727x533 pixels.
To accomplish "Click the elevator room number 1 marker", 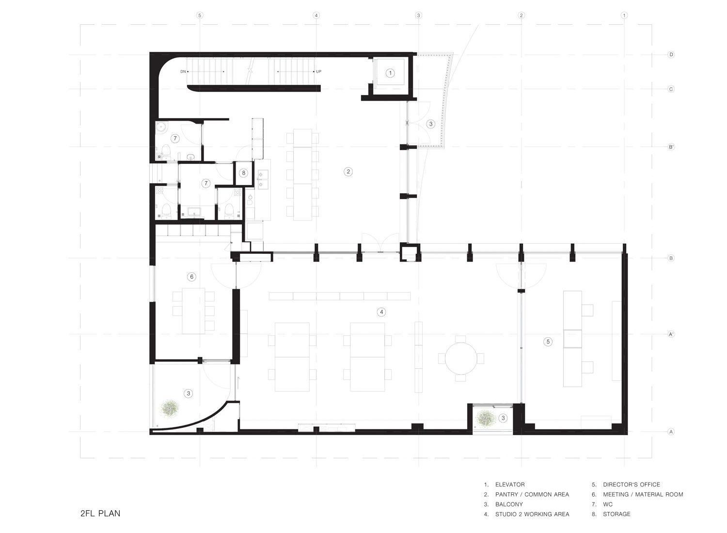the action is tap(390, 73).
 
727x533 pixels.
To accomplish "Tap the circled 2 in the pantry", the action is tap(348, 172).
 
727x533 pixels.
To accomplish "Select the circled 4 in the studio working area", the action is tap(381, 312).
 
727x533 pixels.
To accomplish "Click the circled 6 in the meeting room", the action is tap(191, 277).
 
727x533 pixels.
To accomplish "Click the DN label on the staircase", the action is tap(183, 72).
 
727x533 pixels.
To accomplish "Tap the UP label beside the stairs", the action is tap(318, 72).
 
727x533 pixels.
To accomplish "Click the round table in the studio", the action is tap(461, 359).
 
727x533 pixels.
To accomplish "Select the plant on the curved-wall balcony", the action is tap(170, 408).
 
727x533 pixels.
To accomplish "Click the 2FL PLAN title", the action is tap(100, 514).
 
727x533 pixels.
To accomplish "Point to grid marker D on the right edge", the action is tap(671, 54).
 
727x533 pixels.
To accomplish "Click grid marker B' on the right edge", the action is tap(671, 147).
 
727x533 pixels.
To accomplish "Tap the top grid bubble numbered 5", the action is tap(200, 15).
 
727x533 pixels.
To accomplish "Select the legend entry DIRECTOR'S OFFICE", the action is tap(631, 485).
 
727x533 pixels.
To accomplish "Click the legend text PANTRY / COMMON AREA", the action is tap(532, 494).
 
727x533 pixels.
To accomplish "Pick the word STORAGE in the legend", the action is tap(616, 514).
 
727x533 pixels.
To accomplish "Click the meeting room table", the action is tap(193, 311).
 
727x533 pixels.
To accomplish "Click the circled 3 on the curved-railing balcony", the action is tap(431, 124).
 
